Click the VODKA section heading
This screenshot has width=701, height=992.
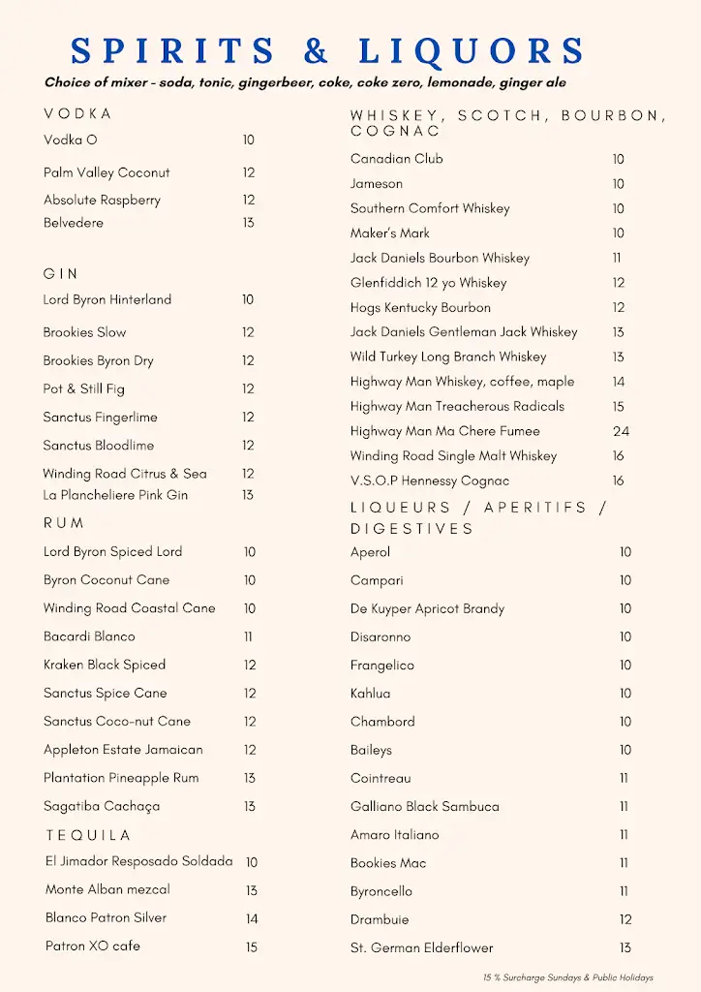pos(77,114)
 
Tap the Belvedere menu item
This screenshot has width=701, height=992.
pos(74,223)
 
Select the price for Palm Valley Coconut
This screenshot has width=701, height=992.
pos(249,172)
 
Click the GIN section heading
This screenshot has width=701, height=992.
pos(61,274)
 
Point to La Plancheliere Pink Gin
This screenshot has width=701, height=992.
pos(115,495)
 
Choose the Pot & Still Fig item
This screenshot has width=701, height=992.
pos(84,388)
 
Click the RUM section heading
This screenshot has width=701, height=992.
pos(64,523)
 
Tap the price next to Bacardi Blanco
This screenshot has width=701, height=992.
pos(249,636)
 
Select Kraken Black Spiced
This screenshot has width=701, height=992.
pos(105,665)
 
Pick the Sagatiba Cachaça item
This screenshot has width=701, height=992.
pos(102,806)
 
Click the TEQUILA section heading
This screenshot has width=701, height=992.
pos(88,835)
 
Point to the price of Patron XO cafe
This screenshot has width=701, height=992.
pos(252,946)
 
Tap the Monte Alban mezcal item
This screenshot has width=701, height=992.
pos(107,889)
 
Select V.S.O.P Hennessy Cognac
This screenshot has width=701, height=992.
pos(430,480)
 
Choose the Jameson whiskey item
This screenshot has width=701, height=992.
pos(377,183)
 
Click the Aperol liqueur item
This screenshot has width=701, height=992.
pos(371,552)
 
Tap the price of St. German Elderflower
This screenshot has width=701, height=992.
pos(625,947)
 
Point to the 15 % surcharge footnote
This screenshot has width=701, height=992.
pos(568,978)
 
